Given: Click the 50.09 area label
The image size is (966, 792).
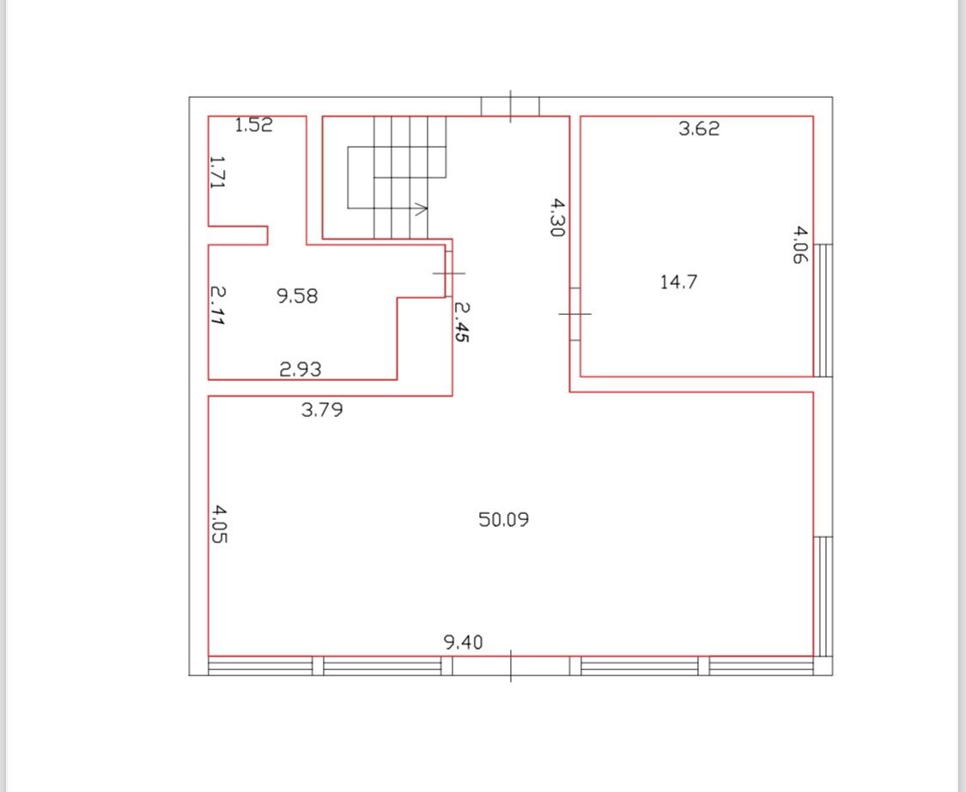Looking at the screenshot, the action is pos(503,519).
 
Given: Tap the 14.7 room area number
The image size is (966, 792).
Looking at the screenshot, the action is pos(678,282).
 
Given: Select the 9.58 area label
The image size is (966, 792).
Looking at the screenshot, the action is pos(297,296).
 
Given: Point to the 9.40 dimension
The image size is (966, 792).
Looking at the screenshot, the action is pos(464,643).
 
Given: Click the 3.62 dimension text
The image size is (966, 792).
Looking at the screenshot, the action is pos(699,128).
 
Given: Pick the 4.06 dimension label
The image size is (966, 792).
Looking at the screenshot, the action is pos(799,245).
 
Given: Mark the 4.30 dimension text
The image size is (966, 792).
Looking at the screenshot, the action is pos(557,217).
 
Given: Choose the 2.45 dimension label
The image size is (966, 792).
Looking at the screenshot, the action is pos(461,321).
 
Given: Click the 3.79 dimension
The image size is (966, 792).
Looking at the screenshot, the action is pos(322,409).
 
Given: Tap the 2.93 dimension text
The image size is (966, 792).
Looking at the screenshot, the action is pos(300,369).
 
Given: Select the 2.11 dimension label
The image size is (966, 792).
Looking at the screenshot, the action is pos(217,305).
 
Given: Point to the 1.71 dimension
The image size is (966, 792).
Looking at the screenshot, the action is pos(218,172).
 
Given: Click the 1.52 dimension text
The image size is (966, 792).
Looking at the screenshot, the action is pos(254,125).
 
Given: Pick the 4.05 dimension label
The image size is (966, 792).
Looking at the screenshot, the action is pos(219,524).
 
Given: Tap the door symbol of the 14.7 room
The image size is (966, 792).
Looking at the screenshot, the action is pos(574,313).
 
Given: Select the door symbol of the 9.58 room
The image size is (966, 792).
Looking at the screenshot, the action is pos(449,273).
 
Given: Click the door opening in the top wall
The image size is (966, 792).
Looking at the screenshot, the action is pos(510,106).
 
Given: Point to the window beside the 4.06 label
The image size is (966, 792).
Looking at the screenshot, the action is pos(823,311).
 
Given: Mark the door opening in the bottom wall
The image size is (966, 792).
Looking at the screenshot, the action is pos(511,666).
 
